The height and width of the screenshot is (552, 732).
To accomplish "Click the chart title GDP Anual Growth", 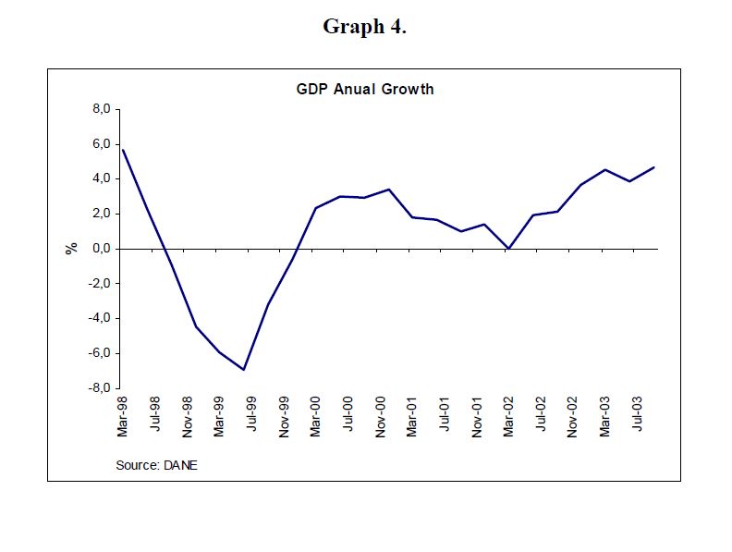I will (x=365, y=90).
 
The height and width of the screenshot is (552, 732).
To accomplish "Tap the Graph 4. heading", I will (x=365, y=27).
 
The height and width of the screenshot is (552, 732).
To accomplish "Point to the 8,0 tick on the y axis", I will (x=100, y=109).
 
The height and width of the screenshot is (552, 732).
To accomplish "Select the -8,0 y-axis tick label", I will (x=98, y=388).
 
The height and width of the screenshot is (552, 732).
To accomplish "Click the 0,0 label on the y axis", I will (x=100, y=249).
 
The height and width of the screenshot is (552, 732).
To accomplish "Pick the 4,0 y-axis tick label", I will (x=100, y=178).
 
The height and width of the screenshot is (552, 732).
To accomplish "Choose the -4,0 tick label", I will (x=98, y=318).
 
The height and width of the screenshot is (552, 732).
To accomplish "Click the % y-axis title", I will (x=70, y=249).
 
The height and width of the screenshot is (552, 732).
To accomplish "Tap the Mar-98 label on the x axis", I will (x=123, y=417).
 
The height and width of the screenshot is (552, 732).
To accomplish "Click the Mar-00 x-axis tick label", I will (x=316, y=417).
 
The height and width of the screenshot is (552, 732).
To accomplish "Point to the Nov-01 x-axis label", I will (x=477, y=417).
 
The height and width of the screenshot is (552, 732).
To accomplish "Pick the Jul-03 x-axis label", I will (x=638, y=417).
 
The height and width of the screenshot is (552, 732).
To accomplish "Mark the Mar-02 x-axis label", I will (x=509, y=417).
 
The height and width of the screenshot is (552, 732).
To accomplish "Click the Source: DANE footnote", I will (x=156, y=465).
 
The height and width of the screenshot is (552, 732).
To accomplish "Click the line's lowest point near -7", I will (x=244, y=370).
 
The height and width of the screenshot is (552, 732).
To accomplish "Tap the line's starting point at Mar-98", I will (x=122, y=150).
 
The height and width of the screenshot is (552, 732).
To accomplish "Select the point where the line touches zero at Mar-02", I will (x=508, y=249).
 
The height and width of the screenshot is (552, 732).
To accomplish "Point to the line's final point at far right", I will (x=654, y=167).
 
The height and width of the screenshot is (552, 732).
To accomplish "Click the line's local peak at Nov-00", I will (x=389, y=190).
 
